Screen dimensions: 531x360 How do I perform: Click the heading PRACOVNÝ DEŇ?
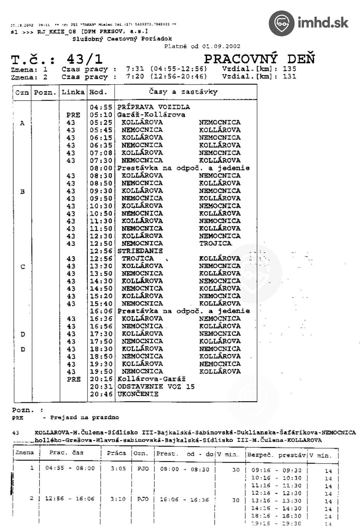[259, 59]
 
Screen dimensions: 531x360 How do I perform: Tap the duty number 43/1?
[85, 59]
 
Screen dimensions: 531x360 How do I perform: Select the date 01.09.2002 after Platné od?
[221, 46]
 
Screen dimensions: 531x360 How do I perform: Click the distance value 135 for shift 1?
[290, 69]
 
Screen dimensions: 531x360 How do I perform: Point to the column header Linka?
[73, 92]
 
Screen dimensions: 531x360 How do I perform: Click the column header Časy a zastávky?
[183, 92]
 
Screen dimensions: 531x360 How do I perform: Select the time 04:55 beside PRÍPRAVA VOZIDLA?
[101, 107]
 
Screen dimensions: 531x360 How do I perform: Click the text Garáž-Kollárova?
[151, 115]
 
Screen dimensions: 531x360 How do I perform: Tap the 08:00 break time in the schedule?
[101, 168]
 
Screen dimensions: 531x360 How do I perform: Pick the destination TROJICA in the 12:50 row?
[215, 244]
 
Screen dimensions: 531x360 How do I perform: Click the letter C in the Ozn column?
[23, 266]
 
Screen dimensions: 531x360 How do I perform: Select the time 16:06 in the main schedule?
[101, 311]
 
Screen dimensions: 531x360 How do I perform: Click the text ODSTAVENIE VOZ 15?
[156, 387]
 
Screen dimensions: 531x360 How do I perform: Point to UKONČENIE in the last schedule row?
[138, 394]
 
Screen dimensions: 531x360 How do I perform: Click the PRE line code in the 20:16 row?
[73, 379]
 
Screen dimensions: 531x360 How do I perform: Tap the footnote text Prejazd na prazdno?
[85, 417]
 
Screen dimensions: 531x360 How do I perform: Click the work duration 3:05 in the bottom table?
[118, 468]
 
